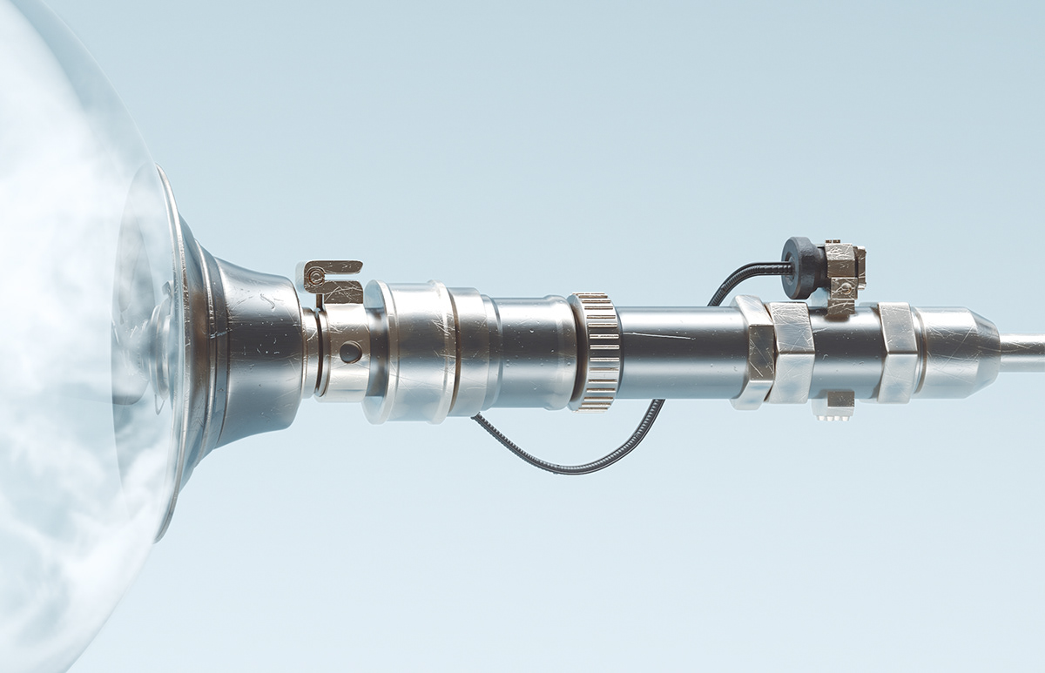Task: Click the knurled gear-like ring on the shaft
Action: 597,351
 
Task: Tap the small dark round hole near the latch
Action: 350,352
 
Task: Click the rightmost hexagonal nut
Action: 896,352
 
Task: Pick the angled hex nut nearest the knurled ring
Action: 754,352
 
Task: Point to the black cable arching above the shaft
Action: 740,277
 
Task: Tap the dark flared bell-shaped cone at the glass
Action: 253,348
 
